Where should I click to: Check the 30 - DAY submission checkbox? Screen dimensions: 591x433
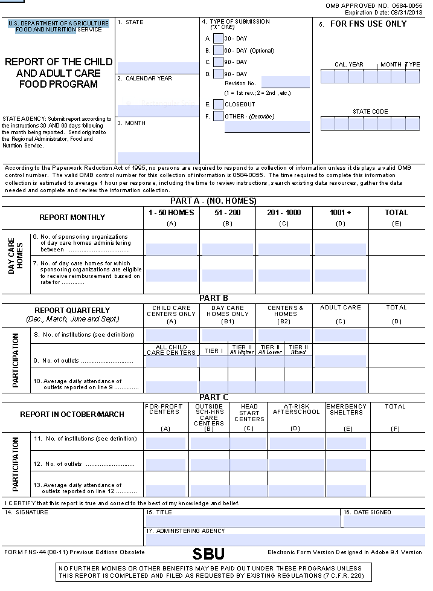pyautogui.click(x=218, y=39)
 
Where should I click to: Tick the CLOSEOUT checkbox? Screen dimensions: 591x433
pyautogui.click(x=218, y=104)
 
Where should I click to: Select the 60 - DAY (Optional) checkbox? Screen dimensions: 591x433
pyautogui.click(x=218, y=50)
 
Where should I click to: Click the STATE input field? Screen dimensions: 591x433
pyautogui.click(x=158, y=67)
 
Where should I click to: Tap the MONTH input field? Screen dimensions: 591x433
pyautogui.click(x=158, y=157)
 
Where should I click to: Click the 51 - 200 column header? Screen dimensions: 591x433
pyautogui.click(x=227, y=213)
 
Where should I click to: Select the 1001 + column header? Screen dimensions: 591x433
pyautogui.click(x=340, y=213)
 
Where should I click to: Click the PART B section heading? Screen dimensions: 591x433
pyautogui.click(x=214, y=298)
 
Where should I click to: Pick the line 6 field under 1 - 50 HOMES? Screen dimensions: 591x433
pyautogui.click(x=171, y=249)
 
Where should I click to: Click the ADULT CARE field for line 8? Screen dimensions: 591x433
pyautogui.click(x=340, y=335)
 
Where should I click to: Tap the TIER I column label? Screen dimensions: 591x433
pyautogui.click(x=213, y=351)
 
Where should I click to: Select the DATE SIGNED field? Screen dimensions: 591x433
pyautogui.click(x=383, y=521)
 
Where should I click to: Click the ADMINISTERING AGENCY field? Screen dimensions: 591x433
pyautogui.click(x=284, y=540)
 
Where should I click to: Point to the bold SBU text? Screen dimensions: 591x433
pyautogui.click(x=208, y=554)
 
